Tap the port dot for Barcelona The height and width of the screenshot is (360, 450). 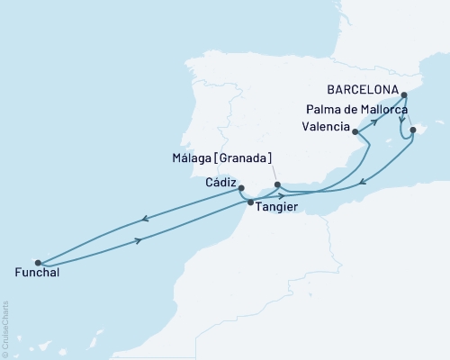[x=404, y=94]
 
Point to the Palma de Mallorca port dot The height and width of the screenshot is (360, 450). [x=412, y=130]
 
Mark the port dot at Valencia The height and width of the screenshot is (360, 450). [x=356, y=132]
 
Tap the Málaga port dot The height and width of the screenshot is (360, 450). [x=277, y=185]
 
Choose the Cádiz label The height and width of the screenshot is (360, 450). [x=221, y=180]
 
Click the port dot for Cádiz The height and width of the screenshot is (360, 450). [x=241, y=188]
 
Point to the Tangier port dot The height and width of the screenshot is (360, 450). [x=250, y=202]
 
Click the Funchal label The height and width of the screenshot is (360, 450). [x=38, y=272]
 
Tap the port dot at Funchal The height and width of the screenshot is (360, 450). [x=37, y=262]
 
